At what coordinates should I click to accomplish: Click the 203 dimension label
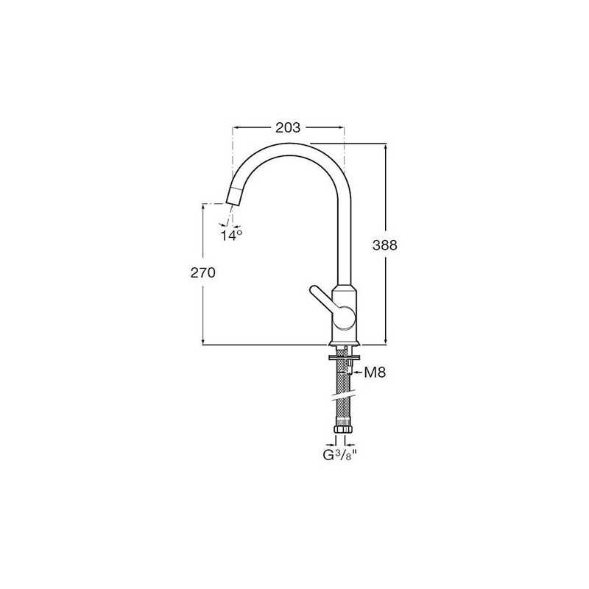288,127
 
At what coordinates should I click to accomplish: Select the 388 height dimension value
384,245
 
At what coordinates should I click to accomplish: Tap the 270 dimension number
203,272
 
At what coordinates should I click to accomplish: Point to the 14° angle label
231,236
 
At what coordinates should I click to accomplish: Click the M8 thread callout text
375,373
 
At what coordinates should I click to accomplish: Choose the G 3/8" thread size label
339,455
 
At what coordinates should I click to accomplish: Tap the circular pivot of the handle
344,318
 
